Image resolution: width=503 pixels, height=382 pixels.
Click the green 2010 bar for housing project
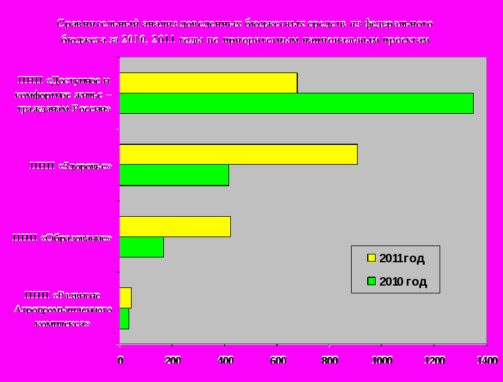[x=296, y=103]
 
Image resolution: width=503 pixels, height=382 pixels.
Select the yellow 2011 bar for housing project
[x=208, y=83]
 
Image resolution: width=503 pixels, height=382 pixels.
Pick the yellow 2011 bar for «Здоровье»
[x=238, y=154]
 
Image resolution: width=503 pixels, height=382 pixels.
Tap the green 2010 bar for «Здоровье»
[x=174, y=175]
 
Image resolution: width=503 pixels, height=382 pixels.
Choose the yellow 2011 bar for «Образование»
[x=175, y=227]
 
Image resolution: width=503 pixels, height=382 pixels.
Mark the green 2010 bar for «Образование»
[x=141, y=247]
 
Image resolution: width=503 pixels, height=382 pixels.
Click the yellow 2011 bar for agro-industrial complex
[x=125, y=298]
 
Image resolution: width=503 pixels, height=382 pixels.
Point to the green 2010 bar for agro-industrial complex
[x=124, y=319]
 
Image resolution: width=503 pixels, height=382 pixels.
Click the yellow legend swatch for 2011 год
[x=371, y=258]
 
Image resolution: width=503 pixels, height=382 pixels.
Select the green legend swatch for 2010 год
[x=371, y=281]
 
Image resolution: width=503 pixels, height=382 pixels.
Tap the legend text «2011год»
[x=402, y=259]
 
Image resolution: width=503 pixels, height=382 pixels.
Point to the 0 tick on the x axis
[x=120, y=360]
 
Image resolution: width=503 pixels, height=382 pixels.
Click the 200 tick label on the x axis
[x=172, y=360]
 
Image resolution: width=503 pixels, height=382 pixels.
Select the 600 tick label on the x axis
[x=277, y=360]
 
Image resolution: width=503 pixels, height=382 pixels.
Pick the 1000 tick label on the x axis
[x=382, y=360]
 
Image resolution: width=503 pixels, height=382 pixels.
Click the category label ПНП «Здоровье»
[x=71, y=165]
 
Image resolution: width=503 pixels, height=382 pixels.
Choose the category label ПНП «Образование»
[x=62, y=238]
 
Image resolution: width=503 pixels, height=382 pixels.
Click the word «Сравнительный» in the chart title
[x=98, y=24]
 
